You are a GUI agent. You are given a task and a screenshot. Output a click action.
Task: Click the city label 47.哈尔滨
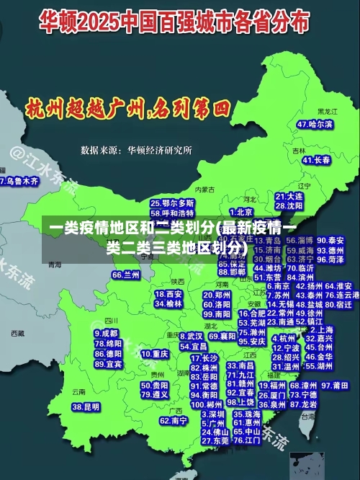pyautogui.click(x=315, y=124)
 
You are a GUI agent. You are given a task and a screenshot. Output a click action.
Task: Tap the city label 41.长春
pyautogui.click(x=317, y=160)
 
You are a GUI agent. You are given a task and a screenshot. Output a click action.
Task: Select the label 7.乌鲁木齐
pyautogui.click(x=19, y=181)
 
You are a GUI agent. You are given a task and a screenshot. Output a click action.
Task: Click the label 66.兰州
pyautogui.click(x=126, y=275)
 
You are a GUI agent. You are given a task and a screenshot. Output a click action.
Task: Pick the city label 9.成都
pyautogui.click(x=106, y=334)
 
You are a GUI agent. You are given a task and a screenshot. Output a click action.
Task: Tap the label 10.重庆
pyautogui.click(x=155, y=355)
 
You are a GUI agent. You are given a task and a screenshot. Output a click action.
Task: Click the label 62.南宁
pyautogui.click(x=174, y=420)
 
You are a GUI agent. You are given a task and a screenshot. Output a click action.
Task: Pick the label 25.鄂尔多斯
pyautogui.click(x=172, y=203)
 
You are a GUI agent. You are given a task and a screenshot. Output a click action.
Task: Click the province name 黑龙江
pyautogui.click(x=327, y=112)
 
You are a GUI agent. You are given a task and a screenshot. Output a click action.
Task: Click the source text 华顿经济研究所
pyautogui.click(x=159, y=151)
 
